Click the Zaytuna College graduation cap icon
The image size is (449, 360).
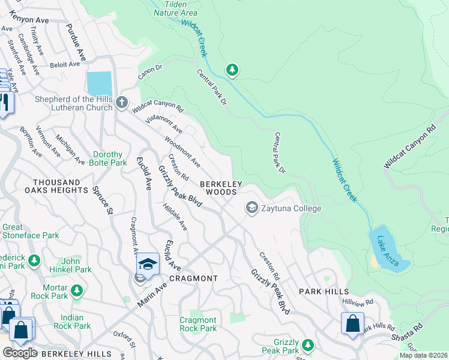(252, 208)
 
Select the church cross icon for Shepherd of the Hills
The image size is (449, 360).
(121, 103)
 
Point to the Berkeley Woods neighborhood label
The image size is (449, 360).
(221, 188)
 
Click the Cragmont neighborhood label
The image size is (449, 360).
(193, 278)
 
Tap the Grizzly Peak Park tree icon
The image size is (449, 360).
(308, 344)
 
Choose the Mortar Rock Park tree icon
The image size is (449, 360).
(76, 290)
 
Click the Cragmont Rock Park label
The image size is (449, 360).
(198, 324)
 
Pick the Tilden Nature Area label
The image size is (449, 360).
(175, 8)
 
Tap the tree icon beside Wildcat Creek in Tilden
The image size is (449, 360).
(232, 71)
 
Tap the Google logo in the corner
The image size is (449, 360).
(19, 353)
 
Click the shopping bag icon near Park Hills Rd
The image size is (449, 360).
(352, 323)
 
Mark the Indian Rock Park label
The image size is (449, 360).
(71, 322)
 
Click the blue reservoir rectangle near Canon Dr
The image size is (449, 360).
(99, 83)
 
